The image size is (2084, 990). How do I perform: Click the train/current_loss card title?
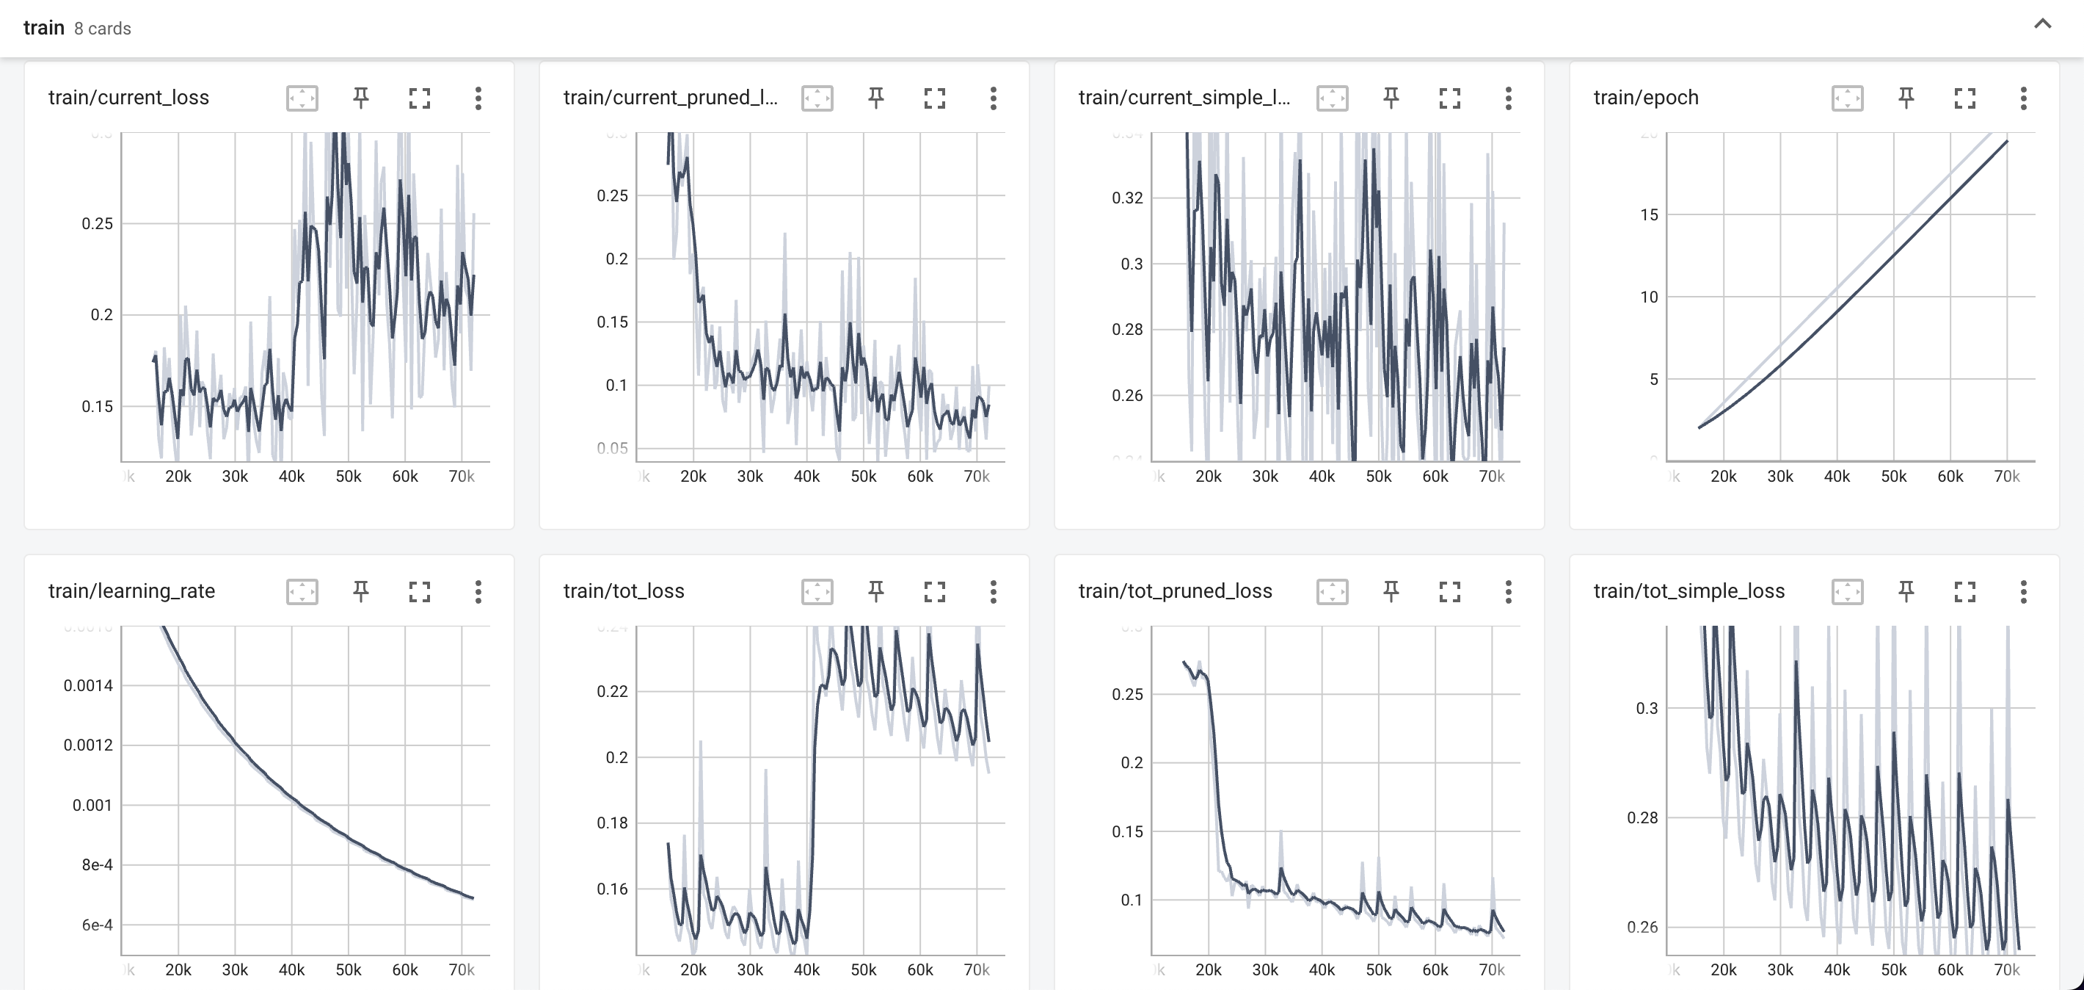click(x=128, y=98)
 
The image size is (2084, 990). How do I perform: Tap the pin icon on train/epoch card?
click(x=1906, y=98)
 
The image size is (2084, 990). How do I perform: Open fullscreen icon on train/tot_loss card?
click(x=934, y=592)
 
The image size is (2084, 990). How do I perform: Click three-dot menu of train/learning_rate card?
click(x=478, y=592)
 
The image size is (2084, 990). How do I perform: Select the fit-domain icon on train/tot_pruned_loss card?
click(x=1332, y=592)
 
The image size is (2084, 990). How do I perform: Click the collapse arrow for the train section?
click(x=2042, y=24)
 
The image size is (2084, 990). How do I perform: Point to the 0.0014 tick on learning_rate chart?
click(x=88, y=686)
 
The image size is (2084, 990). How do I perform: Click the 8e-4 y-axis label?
click(x=96, y=864)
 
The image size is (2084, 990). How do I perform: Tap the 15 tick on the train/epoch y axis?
click(x=1649, y=214)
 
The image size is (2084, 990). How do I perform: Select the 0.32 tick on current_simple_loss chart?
click(x=1127, y=198)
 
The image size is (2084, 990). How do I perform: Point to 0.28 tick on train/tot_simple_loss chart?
click(x=1642, y=817)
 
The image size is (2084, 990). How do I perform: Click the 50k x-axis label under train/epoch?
click(x=1893, y=477)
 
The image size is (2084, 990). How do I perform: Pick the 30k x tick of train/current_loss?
click(x=235, y=477)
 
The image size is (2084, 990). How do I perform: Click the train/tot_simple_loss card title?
click(x=1688, y=592)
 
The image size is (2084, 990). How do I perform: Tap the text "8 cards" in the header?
click(x=102, y=29)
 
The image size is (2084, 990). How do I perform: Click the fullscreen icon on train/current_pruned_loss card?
click(x=934, y=98)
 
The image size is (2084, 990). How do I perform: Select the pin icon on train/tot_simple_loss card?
click(x=1906, y=592)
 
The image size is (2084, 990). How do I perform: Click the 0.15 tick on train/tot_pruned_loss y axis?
click(x=1127, y=831)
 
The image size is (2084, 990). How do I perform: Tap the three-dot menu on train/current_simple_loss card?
click(x=1508, y=98)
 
